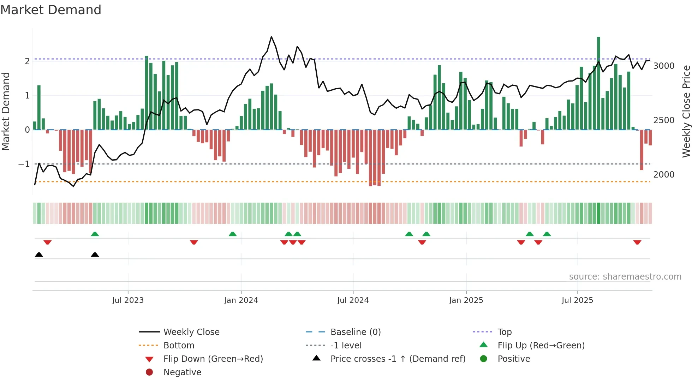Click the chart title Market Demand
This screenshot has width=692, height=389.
51,10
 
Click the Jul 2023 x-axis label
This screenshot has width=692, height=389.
128,300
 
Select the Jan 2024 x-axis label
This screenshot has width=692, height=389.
241,300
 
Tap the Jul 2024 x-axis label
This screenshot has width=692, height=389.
353,300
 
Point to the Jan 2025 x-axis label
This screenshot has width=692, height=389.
466,300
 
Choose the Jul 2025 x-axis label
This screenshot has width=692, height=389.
577,300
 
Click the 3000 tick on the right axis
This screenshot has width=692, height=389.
664,66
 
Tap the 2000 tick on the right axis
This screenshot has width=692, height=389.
664,175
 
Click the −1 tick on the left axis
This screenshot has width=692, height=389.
24,164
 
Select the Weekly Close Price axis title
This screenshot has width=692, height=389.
686,111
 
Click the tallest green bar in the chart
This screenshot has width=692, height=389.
598,83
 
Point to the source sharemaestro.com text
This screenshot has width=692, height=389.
625,277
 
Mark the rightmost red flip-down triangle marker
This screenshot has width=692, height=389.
637,242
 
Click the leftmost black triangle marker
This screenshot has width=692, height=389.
39,255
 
